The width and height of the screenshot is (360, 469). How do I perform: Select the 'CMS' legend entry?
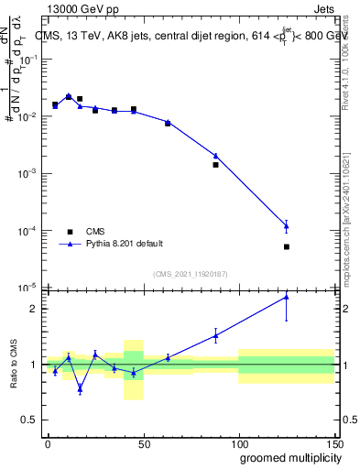95,232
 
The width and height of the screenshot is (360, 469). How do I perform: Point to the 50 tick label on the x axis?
143,443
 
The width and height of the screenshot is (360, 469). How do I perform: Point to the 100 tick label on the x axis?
238,443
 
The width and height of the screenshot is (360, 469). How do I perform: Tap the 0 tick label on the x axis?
48,443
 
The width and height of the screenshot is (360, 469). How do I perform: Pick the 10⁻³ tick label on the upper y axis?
27,173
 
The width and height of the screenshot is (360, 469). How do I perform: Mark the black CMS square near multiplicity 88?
215,165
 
